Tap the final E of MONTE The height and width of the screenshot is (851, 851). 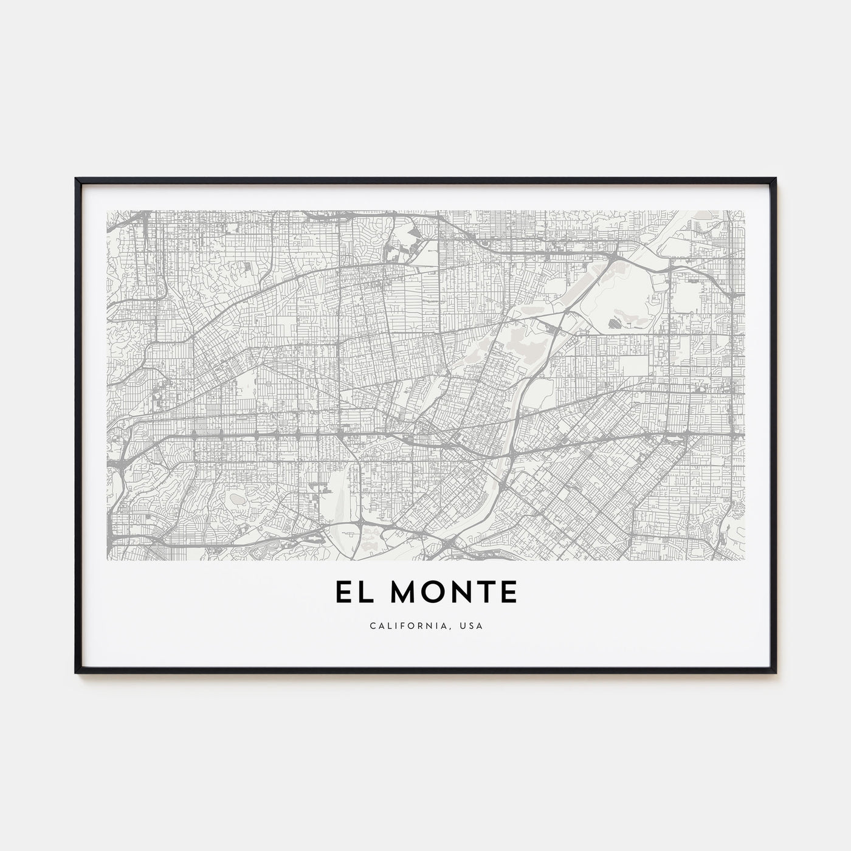click(508, 593)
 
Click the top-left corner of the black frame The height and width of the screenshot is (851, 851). click(76, 179)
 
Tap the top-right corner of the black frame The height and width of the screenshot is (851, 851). click(775, 179)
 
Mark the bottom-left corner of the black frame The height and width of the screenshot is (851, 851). click(76, 672)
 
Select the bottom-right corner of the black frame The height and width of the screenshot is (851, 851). click(775, 672)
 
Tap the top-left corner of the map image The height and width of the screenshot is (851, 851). click(107, 211)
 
